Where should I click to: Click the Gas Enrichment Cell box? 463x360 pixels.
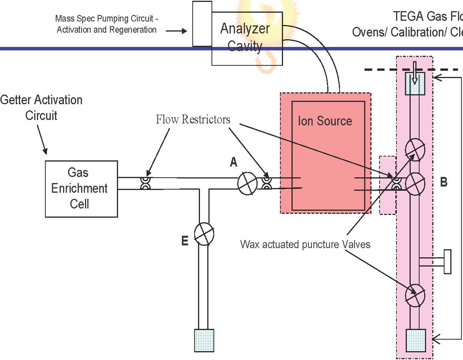coord(82,188)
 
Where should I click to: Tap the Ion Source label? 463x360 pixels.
coord(325,121)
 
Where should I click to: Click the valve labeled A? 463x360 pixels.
coord(247,183)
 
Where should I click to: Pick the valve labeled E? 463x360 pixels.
coord(204,233)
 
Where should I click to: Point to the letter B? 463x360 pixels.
coord(443,182)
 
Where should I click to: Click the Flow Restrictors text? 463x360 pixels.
coord(193,120)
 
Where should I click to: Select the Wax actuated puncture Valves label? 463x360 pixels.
coord(305,244)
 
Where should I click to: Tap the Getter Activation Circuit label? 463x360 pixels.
coord(41,107)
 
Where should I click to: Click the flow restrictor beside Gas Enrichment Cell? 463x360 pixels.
coord(145,183)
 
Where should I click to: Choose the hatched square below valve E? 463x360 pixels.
coord(204,340)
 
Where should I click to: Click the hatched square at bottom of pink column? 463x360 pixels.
coord(416,340)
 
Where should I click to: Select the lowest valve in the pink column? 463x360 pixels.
coord(416,295)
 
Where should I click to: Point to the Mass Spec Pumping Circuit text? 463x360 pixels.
coord(107,24)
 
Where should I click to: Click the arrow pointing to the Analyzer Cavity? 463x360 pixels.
coord(179,31)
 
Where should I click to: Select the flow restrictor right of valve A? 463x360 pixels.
coord(266,183)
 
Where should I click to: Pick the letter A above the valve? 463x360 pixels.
coord(233,163)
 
